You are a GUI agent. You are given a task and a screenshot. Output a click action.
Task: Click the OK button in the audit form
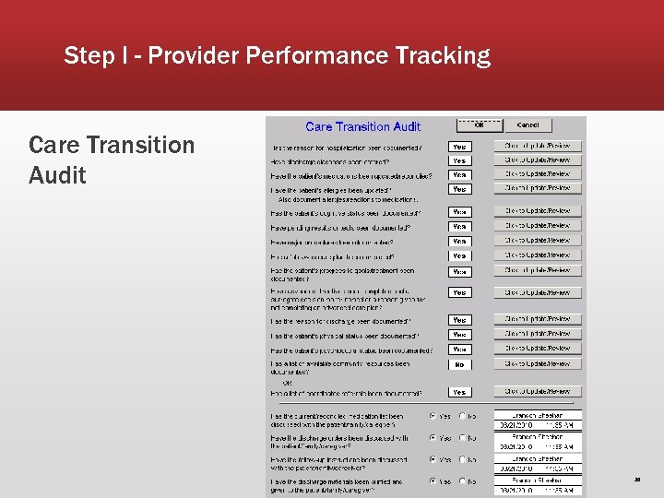tap(480, 125)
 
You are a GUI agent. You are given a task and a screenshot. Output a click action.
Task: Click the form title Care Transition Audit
tap(362, 127)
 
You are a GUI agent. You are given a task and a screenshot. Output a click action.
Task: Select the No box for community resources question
tap(459, 365)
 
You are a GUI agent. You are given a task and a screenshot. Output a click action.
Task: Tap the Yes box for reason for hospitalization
tap(459, 147)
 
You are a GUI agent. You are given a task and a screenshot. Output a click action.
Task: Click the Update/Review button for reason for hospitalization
tap(538, 146)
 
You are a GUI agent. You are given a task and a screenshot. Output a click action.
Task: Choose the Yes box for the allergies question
tap(459, 189)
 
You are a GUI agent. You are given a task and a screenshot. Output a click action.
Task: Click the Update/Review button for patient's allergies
tap(538, 188)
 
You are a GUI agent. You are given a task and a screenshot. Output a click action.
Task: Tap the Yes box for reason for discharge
tap(459, 320)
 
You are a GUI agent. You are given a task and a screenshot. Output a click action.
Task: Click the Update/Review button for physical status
tap(538, 334)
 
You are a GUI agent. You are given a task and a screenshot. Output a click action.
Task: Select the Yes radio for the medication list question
tap(433, 416)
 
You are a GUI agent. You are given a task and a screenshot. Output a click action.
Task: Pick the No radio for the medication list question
tap(462, 416)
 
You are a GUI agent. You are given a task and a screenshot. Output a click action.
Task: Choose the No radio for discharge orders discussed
tap(462, 438)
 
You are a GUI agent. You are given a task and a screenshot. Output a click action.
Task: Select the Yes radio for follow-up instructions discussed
tap(433, 459)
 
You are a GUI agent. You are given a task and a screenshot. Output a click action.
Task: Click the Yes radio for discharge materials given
tap(433, 481)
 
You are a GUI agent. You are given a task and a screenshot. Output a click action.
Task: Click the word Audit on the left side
tap(57, 175)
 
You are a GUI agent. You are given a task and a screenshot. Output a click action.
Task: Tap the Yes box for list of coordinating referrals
tap(459, 393)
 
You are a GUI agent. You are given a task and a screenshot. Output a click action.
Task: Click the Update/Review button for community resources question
tap(538, 363)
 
